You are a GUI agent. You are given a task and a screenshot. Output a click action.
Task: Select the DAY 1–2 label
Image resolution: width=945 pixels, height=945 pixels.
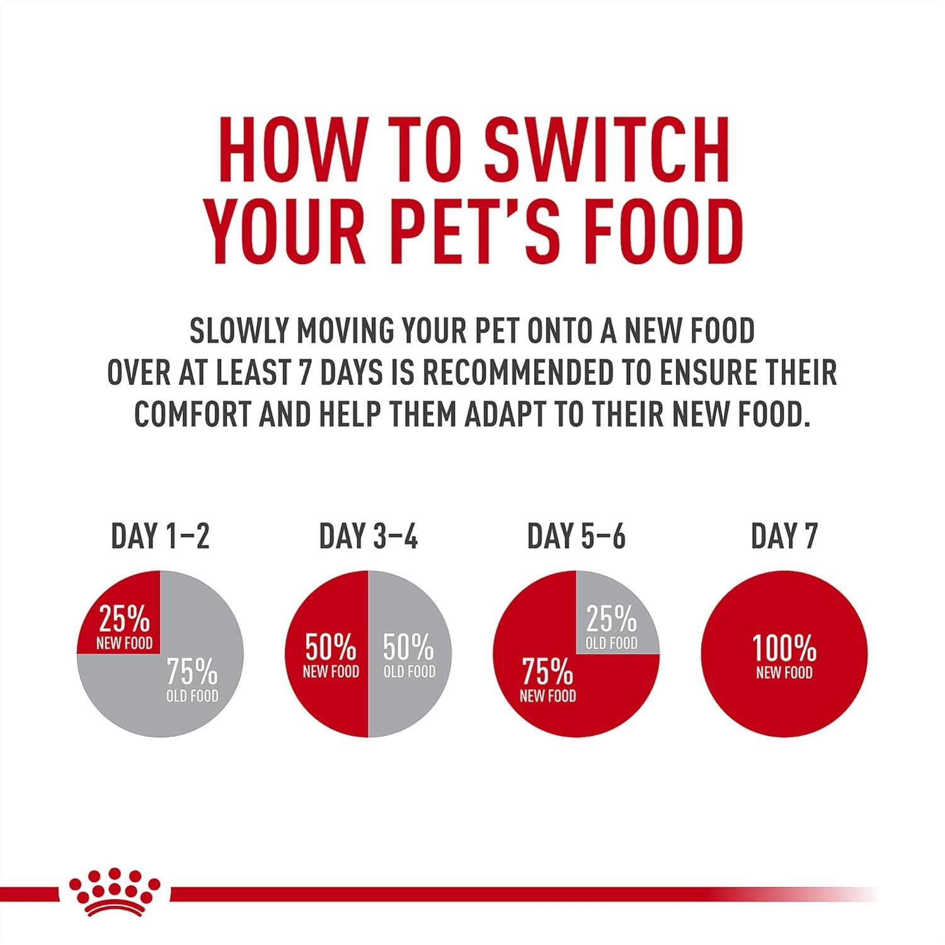tap(160, 536)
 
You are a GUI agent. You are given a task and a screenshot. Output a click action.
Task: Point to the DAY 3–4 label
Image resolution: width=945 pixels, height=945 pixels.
tap(368, 536)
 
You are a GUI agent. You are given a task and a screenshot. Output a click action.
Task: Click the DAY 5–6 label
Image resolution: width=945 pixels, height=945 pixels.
tap(576, 536)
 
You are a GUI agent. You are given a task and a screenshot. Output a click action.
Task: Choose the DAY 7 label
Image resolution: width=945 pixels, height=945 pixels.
tap(784, 536)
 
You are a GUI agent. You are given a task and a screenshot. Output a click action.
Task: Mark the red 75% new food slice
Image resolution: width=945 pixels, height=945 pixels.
tap(554, 693)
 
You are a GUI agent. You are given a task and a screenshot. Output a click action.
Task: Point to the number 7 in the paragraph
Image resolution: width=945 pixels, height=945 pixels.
tap(304, 373)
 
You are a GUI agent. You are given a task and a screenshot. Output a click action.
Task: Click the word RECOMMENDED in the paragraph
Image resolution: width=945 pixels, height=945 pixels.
tap(517, 373)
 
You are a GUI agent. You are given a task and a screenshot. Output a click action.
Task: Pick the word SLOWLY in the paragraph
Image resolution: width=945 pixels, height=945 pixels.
tap(239, 331)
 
